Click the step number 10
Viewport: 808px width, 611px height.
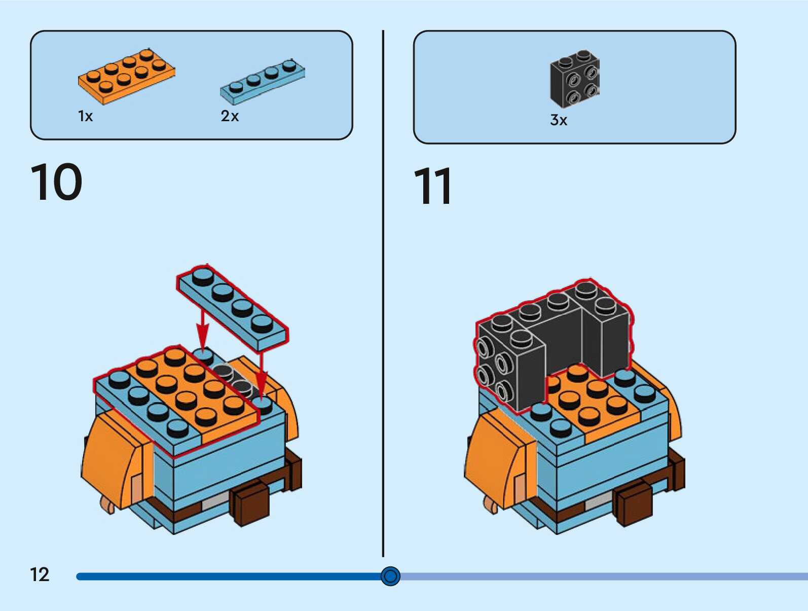(x=56, y=182)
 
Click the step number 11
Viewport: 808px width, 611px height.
(x=432, y=187)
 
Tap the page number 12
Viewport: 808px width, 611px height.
(x=40, y=574)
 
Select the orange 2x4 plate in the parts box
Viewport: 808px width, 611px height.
(x=127, y=77)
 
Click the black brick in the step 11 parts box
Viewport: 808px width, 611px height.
(x=575, y=79)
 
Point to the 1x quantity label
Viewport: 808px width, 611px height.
(x=85, y=117)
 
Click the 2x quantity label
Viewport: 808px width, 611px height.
(x=230, y=116)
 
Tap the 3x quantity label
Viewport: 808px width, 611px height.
(x=559, y=120)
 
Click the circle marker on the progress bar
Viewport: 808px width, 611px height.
(x=390, y=576)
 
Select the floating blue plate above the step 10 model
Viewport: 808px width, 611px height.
(x=233, y=307)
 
